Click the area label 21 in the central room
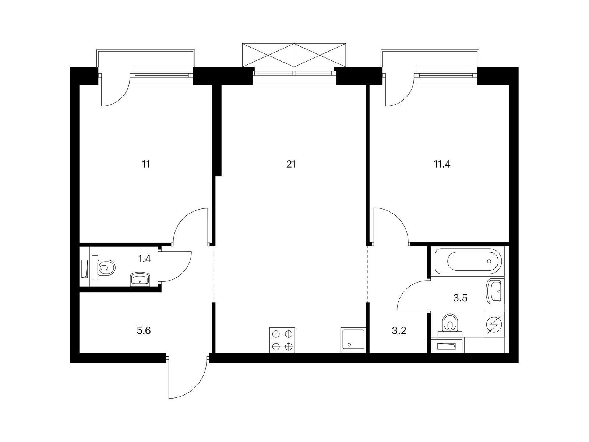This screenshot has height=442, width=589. coord(291,164)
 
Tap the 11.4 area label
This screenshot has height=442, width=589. coord(442,164)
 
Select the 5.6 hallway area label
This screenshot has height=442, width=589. coord(144,331)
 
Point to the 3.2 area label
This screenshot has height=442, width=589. coord(399,331)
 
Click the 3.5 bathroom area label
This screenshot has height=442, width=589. coord(461,298)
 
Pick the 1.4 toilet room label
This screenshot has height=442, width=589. coord(144,259)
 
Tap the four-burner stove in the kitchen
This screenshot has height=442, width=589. coord(282,340)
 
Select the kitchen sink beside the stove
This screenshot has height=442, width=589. coord(353,340)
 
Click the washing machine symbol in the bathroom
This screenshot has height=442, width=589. coord(494,325)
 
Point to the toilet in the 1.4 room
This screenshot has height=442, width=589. coord(104,267)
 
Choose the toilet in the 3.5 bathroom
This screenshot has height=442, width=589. coord(450,325)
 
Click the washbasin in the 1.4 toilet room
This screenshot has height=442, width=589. coord(140,280)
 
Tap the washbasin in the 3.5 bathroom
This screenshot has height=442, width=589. coord(494,291)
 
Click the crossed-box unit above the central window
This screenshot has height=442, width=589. coord(294,55)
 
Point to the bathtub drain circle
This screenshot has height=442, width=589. coord(489,261)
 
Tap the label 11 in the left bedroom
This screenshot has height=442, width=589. coord(146,164)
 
